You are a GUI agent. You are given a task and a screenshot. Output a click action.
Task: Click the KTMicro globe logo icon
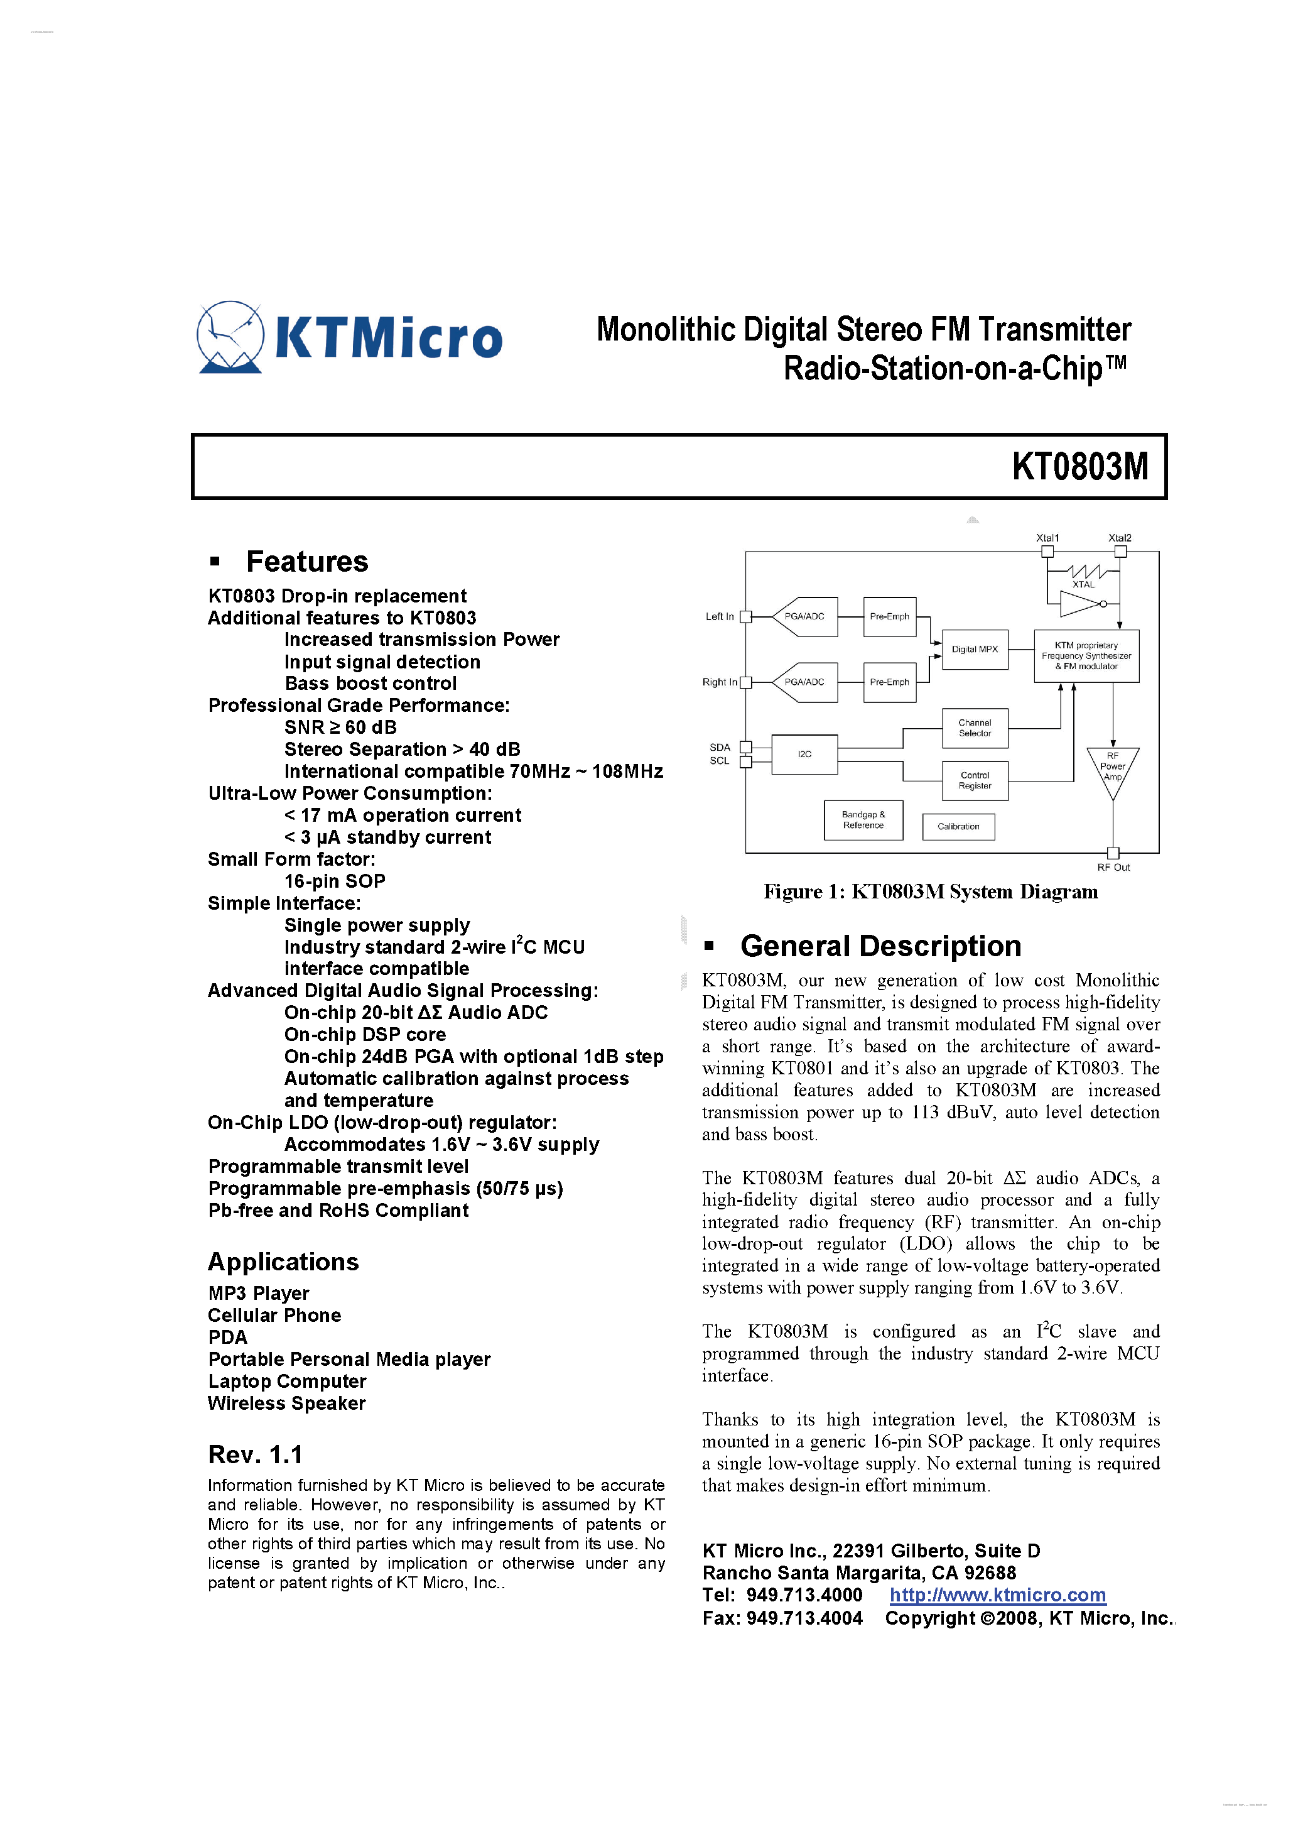click(230, 337)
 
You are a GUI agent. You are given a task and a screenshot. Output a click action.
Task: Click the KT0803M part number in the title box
click(1079, 466)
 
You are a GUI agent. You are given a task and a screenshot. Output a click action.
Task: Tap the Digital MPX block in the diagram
click(974, 649)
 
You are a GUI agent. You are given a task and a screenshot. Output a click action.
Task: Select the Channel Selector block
click(974, 728)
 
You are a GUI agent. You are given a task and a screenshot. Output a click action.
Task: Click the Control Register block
click(974, 780)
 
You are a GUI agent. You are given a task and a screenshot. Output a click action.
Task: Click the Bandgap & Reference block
click(863, 820)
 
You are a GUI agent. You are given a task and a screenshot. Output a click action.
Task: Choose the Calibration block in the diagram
click(958, 827)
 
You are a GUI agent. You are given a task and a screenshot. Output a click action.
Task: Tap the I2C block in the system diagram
click(804, 754)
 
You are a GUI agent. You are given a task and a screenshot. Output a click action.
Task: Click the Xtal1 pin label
click(1047, 538)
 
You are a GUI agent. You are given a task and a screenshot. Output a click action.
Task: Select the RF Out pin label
click(1113, 867)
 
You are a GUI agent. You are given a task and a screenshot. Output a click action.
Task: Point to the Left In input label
click(719, 616)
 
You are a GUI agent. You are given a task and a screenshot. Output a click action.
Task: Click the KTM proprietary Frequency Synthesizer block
click(1086, 655)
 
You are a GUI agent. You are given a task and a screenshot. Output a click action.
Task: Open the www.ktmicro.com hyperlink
click(997, 1594)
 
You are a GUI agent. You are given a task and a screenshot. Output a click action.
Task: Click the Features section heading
click(307, 562)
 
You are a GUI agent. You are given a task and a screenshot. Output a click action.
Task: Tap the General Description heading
click(880, 946)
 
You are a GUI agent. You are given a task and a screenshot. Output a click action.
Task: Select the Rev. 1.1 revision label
click(255, 1454)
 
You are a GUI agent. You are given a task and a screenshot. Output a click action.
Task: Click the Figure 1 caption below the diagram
click(930, 891)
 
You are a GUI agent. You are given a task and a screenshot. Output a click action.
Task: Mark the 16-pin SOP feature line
click(334, 881)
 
